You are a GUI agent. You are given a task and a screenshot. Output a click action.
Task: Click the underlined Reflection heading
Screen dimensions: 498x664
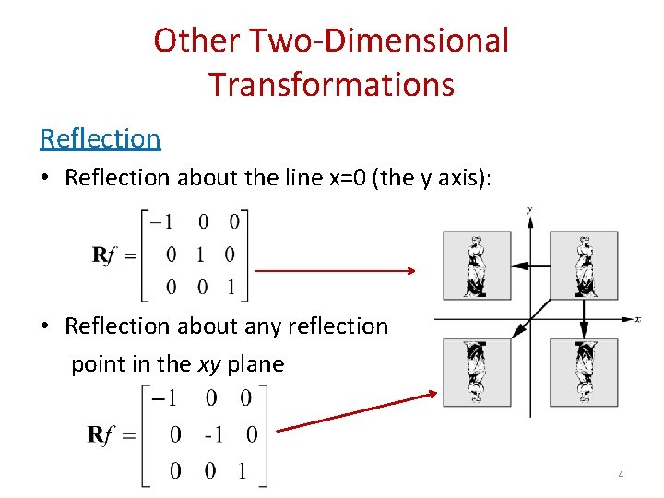pyautogui.click(x=101, y=138)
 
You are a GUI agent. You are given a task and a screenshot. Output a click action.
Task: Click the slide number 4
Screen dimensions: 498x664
pyautogui.click(x=621, y=475)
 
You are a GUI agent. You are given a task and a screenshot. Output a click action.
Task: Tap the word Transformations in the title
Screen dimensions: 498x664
pyautogui.click(x=331, y=84)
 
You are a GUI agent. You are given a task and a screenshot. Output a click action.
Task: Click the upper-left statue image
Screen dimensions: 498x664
pyautogui.click(x=476, y=265)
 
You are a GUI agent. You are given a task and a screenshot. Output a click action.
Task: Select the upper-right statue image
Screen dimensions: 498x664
pyautogui.click(x=584, y=265)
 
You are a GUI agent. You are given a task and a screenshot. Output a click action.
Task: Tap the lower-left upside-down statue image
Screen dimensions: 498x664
pyautogui.click(x=476, y=373)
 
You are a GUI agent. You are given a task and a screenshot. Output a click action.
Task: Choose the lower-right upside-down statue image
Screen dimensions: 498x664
pyautogui.click(x=584, y=373)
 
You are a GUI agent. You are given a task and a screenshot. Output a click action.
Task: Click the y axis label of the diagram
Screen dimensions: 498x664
pyautogui.click(x=529, y=209)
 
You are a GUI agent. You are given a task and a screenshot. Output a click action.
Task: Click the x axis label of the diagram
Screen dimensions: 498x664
pyautogui.click(x=637, y=319)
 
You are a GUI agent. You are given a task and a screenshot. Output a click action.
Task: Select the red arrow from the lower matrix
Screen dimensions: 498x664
pyautogui.click(x=356, y=411)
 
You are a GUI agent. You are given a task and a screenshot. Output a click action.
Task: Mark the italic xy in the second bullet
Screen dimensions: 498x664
pyautogui.click(x=209, y=363)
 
